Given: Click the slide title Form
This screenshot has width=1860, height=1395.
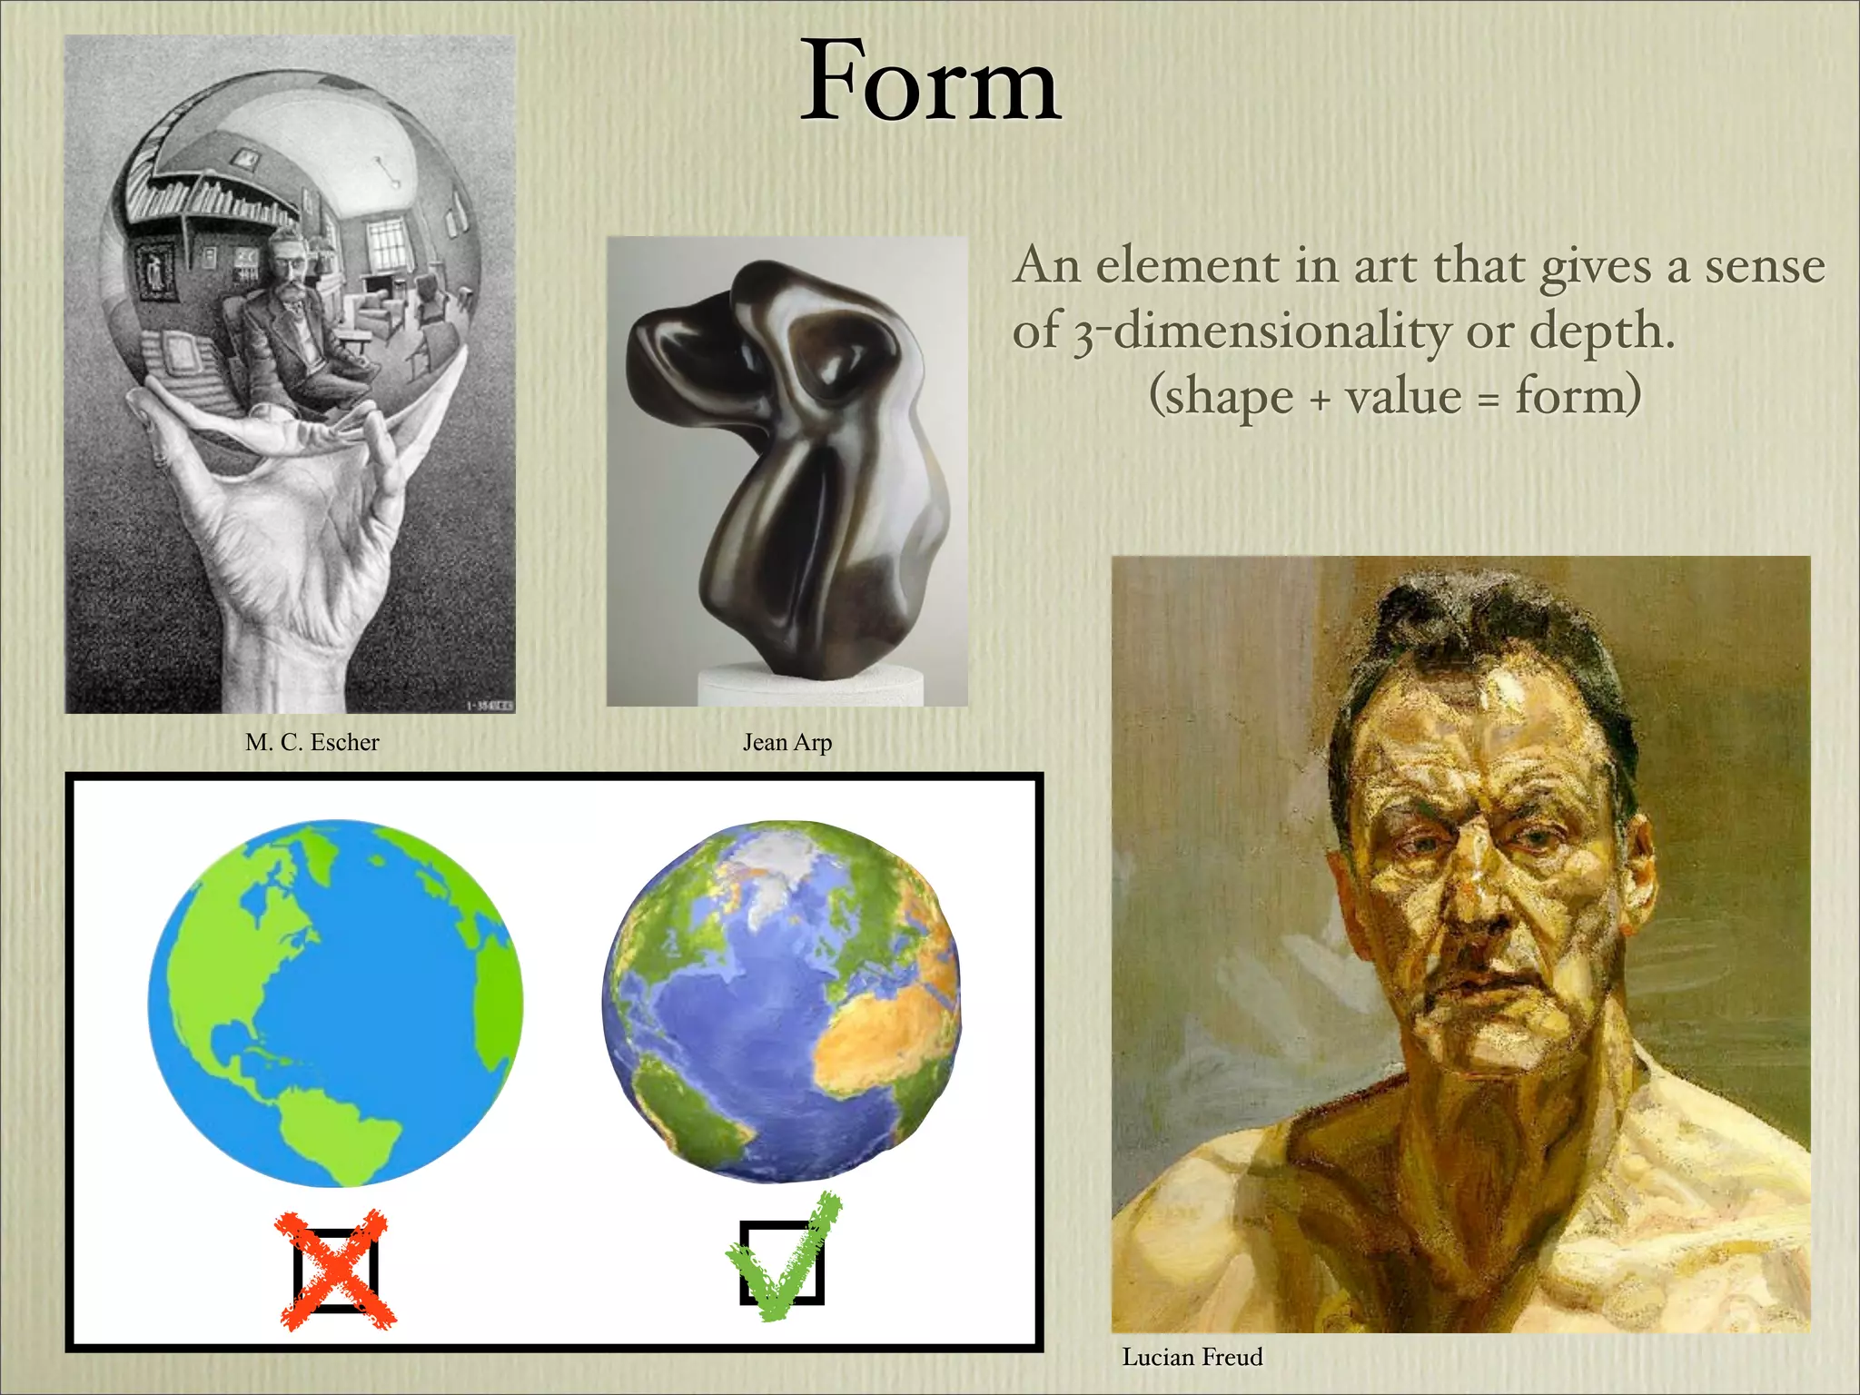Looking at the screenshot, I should click(930, 84).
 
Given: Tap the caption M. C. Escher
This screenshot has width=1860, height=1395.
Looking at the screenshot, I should click(312, 742).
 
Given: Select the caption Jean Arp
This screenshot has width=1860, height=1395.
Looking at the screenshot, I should click(787, 742).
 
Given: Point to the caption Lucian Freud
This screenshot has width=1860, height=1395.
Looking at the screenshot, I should click(1192, 1357).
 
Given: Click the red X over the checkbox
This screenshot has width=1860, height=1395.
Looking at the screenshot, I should click(336, 1270).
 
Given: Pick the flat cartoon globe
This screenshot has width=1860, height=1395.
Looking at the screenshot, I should click(335, 1003).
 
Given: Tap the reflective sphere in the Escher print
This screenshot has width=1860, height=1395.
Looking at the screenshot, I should click(295, 245).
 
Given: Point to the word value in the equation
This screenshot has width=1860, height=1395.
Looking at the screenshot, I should click(1402, 397).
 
